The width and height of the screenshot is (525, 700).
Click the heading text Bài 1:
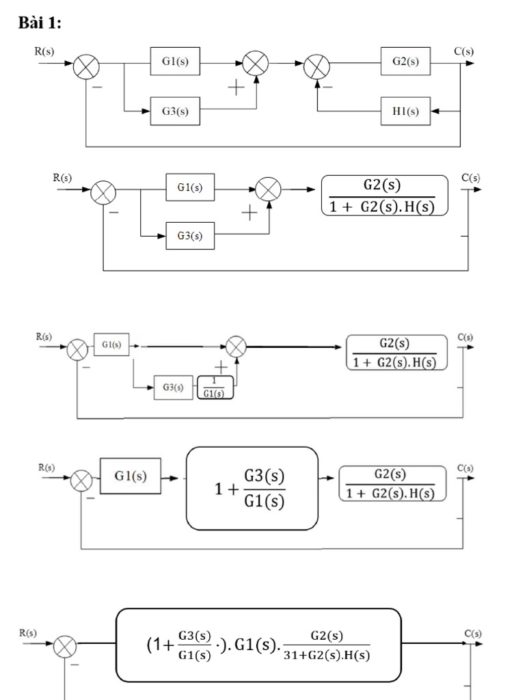pyautogui.click(x=39, y=23)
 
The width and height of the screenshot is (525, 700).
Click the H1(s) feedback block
pyautogui.click(x=406, y=111)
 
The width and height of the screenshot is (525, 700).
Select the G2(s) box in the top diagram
pyautogui.click(x=406, y=62)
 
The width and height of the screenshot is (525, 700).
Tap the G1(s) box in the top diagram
pyautogui.click(x=176, y=62)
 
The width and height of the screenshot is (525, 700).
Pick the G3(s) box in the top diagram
pyautogui.click(x=176, y=111)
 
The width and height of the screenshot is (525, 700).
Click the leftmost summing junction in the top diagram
pyautogui.click(x=87, y=67)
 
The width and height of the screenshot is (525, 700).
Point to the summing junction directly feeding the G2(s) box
pyautogui.click(x=317, y=67)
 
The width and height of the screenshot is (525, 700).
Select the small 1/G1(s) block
pyautogui.click(x=215, y=387)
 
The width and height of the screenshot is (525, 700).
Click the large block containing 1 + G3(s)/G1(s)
pyautogui.click(x=252, y=488)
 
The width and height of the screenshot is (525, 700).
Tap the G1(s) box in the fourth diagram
pyautogui.click(x=131, y=476)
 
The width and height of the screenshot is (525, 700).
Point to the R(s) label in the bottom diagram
pyautogui.click(x=28, y=633)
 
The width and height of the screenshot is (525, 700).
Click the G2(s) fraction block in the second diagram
pyautogui.click(x=384, y=196)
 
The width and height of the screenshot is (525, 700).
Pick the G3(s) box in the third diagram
pyautogui.click(x=173, y=388)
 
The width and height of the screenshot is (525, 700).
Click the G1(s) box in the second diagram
pyautogui.click(x=190, y=187)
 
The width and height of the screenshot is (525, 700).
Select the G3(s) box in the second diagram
pyautogui.click(x=190, y=236)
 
